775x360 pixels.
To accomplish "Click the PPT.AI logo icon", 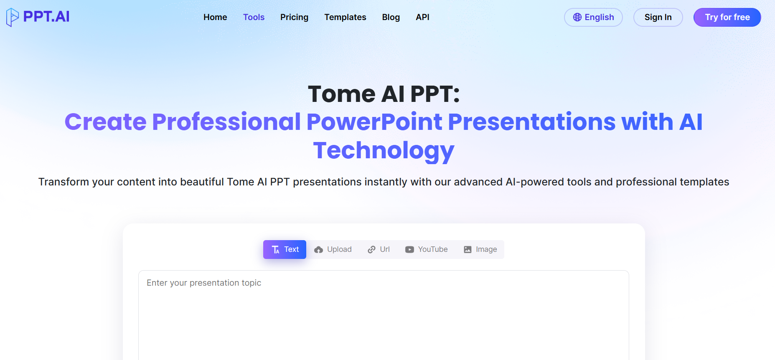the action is click(x=13, y=17).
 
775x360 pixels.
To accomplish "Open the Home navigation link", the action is click(x=215, y=17).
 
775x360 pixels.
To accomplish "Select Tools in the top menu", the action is click(x=254, y=17).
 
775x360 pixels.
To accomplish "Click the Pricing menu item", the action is click(x=294, y=17).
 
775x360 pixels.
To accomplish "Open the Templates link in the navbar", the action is click(x=345, y=17).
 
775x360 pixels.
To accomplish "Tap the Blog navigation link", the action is click(x=391, y=17).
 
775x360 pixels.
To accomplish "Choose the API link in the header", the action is click(x=422, y=17).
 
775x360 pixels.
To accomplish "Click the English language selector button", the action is click(x=593, y=17).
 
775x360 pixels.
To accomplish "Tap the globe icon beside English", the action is click(x=577, y=17).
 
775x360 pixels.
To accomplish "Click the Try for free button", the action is click(x=727, y=17).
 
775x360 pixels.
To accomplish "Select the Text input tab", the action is click(x=285, y=249).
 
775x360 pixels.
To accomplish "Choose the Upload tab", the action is click(x=333, y=249).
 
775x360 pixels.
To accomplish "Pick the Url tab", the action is click(x=379, y=249).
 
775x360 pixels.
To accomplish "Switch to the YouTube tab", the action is click(x=426, y=249).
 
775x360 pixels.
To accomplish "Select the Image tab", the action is click(x=480, y=249).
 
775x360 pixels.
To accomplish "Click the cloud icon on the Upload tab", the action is click(x=319, y=250).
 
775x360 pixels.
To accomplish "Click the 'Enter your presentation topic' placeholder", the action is click(x=204, y=283).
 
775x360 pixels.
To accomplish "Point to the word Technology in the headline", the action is click(x=384, y=150).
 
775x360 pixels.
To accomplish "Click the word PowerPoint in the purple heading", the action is click(x=374, y=122).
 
